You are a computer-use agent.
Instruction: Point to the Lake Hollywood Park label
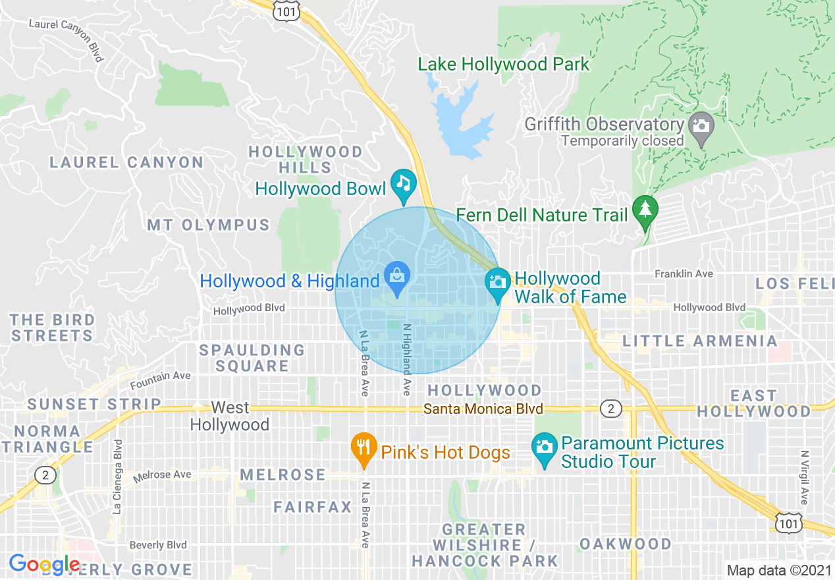coord(504,64)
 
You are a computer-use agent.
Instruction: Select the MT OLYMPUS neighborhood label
coord(208,225)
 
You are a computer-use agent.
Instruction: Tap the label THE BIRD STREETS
coord(53,328)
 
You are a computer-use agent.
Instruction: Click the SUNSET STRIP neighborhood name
coord(94,404)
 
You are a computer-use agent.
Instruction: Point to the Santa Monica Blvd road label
coord(483,409)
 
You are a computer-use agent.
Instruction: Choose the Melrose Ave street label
coord(162,475)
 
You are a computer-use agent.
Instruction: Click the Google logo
coord(44,564)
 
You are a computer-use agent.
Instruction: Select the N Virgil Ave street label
coord(804,477)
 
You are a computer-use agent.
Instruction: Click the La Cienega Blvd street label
coord(117,477)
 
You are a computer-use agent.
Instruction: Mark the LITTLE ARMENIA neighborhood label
coord(700,341)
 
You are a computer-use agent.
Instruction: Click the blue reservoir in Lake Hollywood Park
coord(461,122)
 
